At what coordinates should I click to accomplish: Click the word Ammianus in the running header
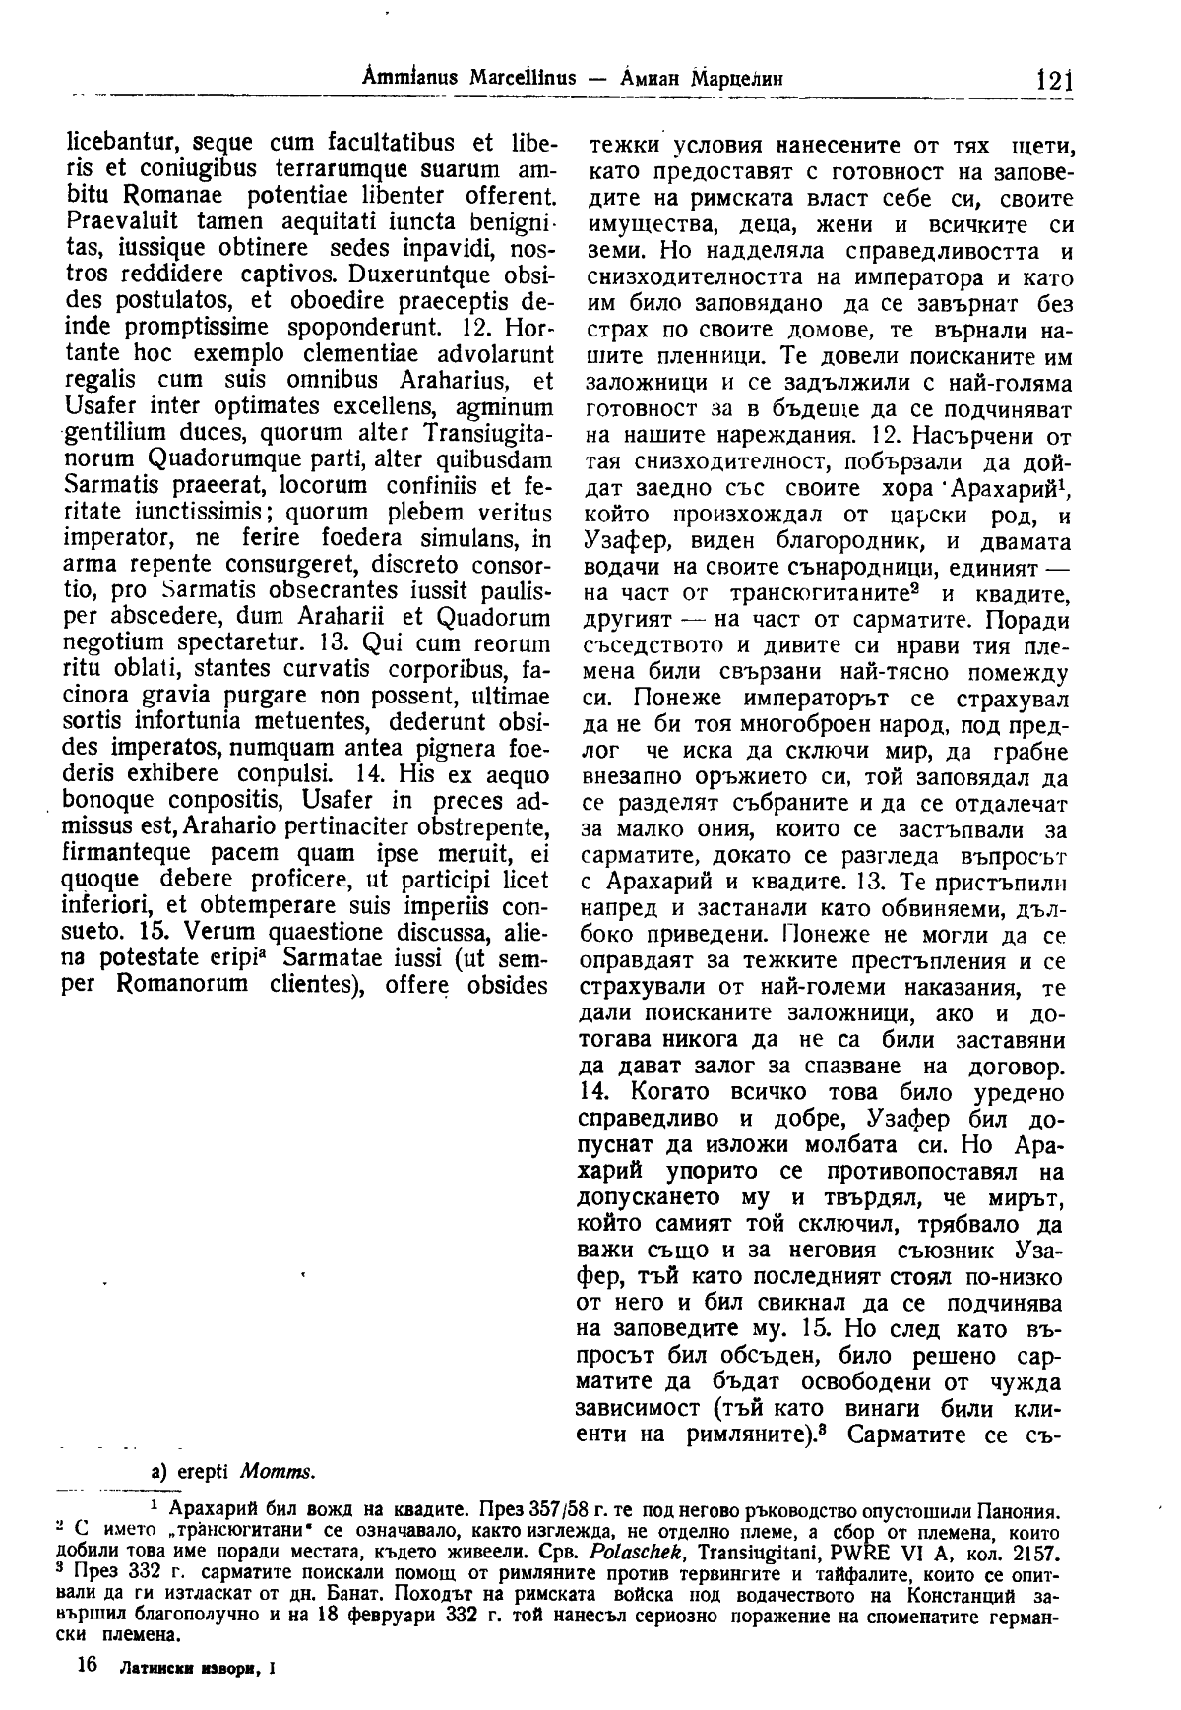[x=393, y=79]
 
